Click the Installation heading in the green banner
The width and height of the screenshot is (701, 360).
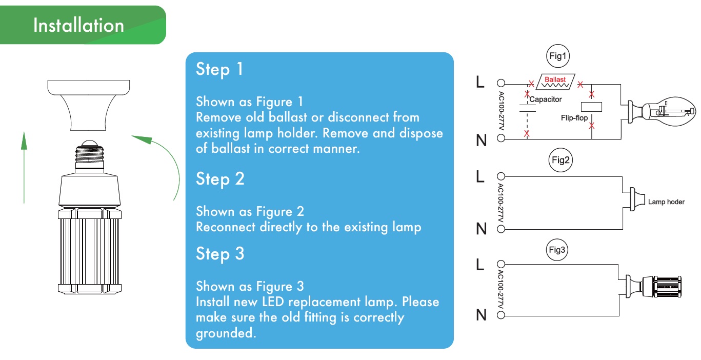[78, 25]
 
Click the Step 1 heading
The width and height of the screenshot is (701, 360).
[219, 69]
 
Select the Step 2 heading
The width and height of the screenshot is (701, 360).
[220, 179]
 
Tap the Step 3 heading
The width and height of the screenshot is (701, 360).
[220, 254]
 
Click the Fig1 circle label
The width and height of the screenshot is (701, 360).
[557, 56]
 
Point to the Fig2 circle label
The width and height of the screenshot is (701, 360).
[560, 160]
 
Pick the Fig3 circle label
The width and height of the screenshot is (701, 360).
[557, 250]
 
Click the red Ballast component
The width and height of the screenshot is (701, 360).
[555, 82]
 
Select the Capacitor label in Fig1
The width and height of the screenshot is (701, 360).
[546, 99]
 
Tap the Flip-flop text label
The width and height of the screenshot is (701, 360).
[574, 118]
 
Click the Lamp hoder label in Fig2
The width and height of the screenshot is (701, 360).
[666, 202]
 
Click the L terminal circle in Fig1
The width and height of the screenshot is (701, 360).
[501, 83]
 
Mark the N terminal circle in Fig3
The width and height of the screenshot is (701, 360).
[501, 315]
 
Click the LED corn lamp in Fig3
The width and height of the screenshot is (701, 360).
[654, 287]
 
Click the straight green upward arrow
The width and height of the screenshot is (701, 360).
[24, 168]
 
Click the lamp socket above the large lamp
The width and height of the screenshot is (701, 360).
[89, 105]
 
